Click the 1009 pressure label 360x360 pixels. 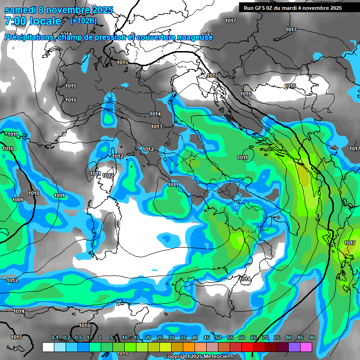click(17, 200)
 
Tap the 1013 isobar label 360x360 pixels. click(157, 127)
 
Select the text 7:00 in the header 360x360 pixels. click(14, 21)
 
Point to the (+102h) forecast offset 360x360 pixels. click(83, 21)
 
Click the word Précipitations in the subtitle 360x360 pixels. click(29, 37)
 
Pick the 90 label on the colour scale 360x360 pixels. click(312, 337)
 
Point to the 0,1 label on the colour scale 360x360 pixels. click(55, 337)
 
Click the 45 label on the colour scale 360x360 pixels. click(207, 337)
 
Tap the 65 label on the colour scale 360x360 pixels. click(254, 337)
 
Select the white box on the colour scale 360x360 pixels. click(48, 347)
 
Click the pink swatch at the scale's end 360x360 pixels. click(306, 347)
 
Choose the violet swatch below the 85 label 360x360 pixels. click(294, 347)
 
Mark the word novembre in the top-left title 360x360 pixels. click(72, 10)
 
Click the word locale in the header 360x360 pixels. click(45, 21)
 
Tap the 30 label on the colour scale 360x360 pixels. click(172, 337)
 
